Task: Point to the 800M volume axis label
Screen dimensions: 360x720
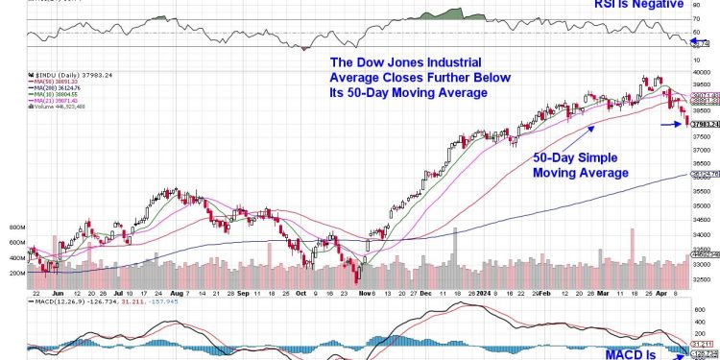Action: [16, 228]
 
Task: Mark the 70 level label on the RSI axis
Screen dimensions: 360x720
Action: [697, 19]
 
